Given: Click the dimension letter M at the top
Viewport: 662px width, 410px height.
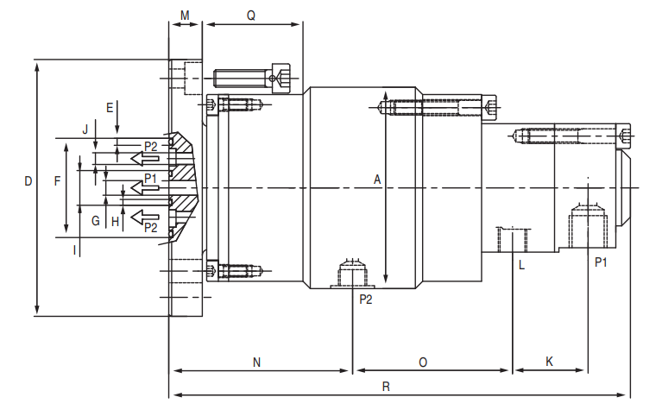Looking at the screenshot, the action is pos(185,16).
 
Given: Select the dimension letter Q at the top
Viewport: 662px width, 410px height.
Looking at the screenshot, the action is pos(251,16).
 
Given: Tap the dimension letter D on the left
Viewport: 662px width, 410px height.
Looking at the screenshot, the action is pos(28,181).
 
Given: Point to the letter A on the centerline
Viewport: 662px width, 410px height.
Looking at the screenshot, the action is pos(377,180).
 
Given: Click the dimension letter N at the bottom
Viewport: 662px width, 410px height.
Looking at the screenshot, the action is pos(256,363).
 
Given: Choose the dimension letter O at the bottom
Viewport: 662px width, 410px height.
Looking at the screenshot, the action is pos(423,363).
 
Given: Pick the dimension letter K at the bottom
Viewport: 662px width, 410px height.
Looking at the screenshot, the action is pos(549,362).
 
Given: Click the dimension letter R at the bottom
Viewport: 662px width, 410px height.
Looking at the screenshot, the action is pos(386,387).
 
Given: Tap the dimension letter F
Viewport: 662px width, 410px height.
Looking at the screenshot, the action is pos(58,181).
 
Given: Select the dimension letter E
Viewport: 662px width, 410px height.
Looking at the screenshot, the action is pos(110,108).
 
